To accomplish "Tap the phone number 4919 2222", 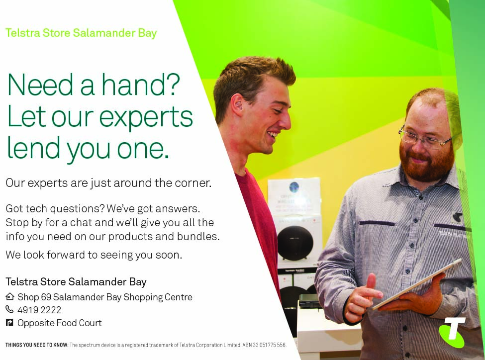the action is pos(39,310).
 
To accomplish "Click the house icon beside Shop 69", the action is pos(10,296).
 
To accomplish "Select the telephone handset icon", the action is pos(9,309).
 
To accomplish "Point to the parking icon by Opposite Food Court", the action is pos(9,323).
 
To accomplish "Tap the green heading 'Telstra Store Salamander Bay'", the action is pos(81,33).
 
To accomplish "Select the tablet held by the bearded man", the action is pos(417,284).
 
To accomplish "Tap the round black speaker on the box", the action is pos(295,243).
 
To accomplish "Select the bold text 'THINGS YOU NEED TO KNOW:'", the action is pos(37,345).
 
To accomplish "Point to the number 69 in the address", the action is pos(46,297).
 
